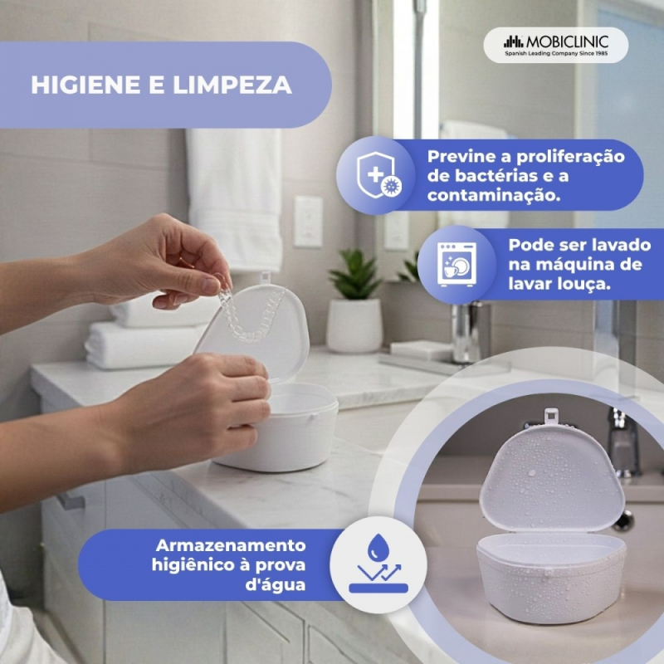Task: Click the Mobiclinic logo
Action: [555, 45]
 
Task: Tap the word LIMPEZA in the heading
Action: [232, 85]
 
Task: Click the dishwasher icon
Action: [457, 264]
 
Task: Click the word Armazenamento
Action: [231, 545]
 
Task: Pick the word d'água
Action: [276, 585]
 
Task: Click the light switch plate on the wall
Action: [308, 222]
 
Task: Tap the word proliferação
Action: [570, 157]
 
